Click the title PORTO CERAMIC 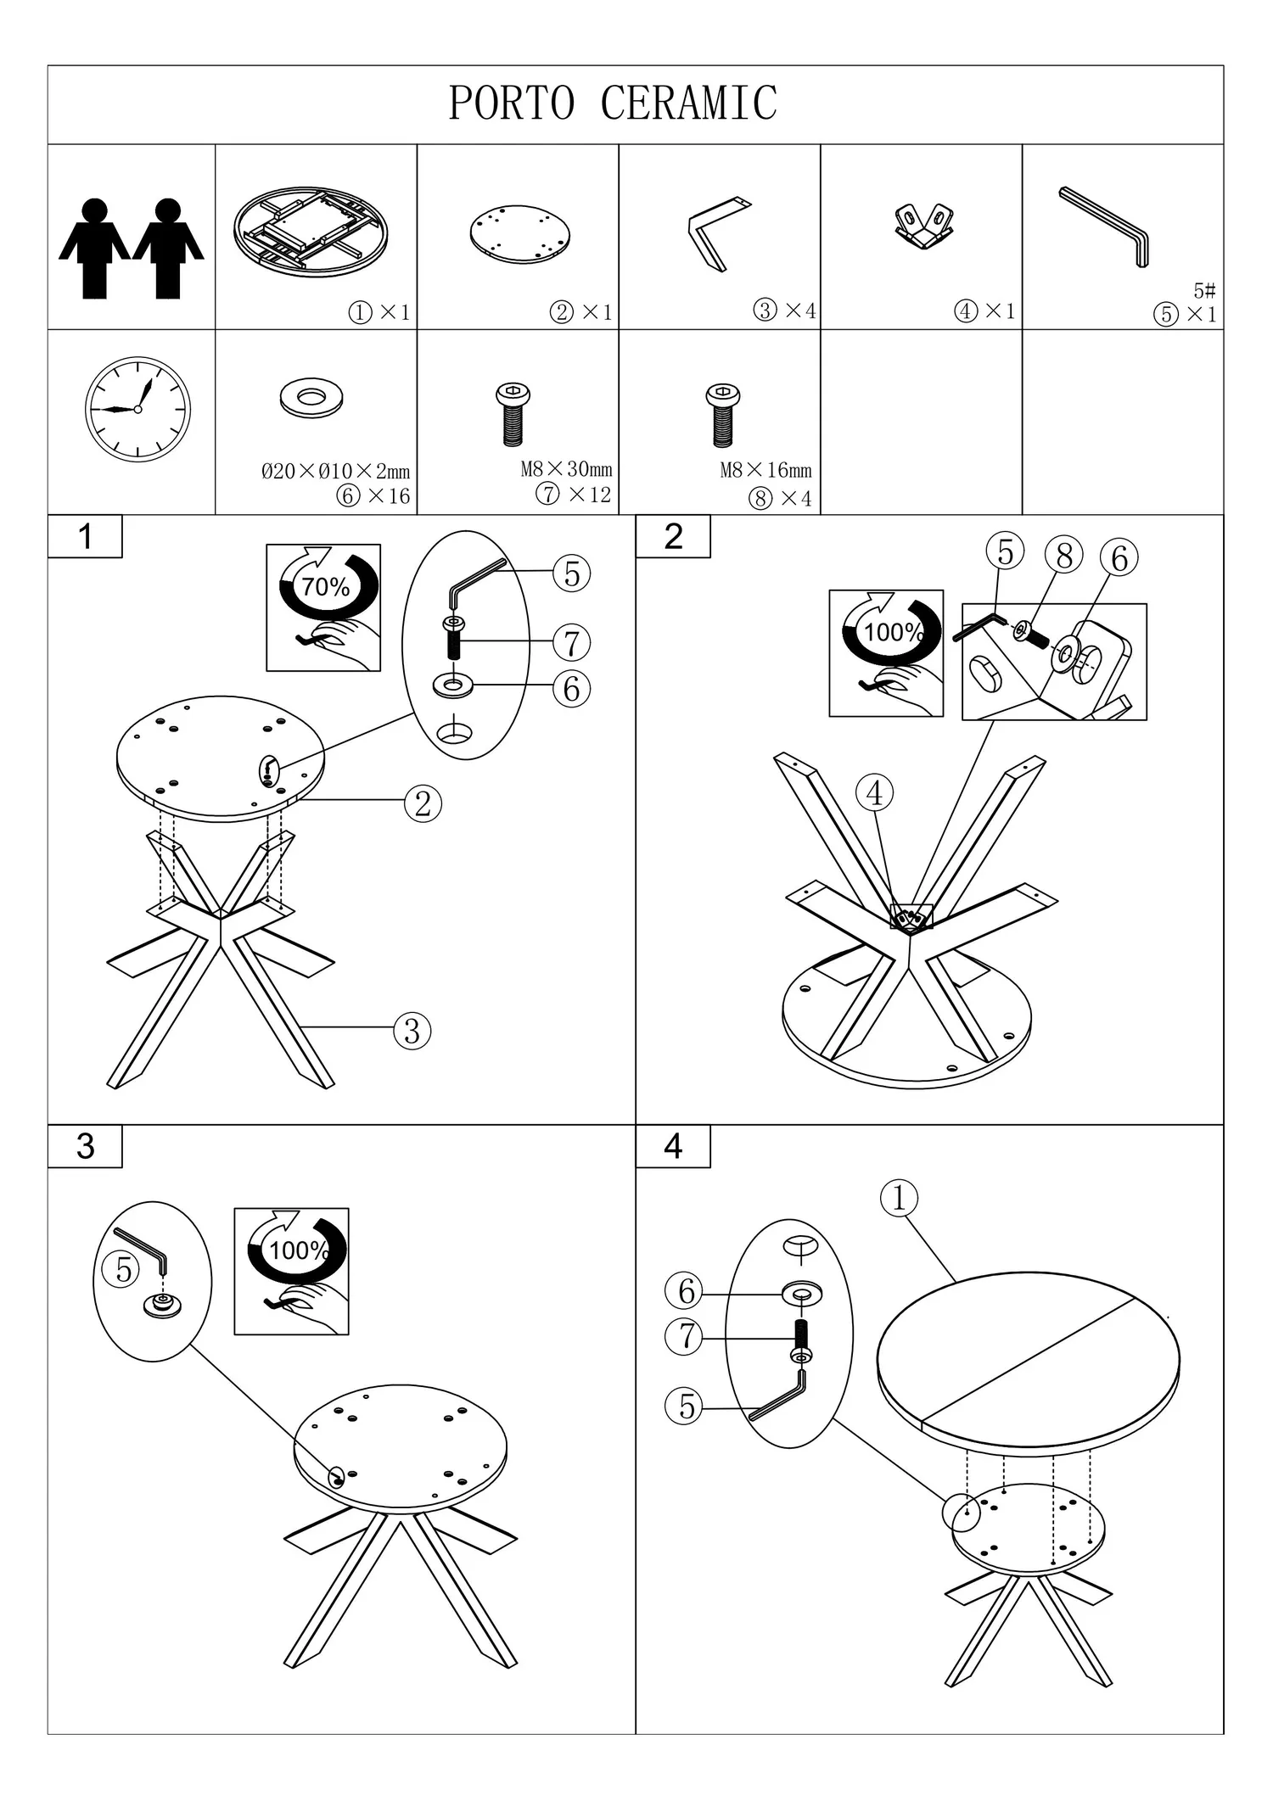pyautogui.click(x=613, y=103)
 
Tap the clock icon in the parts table pyautogui.click(x=137, y=409)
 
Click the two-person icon pyautogui.click(x=132, y=248)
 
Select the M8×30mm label pyautogui.click(x=566, y=469)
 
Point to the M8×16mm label pyautogui.click(x=765, y=470)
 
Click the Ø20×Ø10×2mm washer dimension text pyautogui.click(x=335, y=472)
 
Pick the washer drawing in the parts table pyautogui.click(x=311, y=398)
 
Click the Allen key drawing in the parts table pyautogui.click(x=1104, y=227)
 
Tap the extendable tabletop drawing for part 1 pyautogui.click(x=311, y=232)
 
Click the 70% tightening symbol pyautogui.click(x=323, y=607)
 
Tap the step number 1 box pyautogui.click(x=85, y=536)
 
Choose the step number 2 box pyautogui.click(x=673, y=536)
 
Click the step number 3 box pyautogui.click(x=85, y=1146)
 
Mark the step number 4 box pyautogui.click(x=673, y=1146)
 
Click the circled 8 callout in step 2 pyautogui.click(x=1064, y=556)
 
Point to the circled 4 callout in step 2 pyautogui.click(x=874, y=793)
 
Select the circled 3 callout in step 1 pyautogui.click(x=412, y=1031)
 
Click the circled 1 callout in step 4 pyautogui.click(x=900, y=1198)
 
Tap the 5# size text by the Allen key pyautogui.click(x=1204, y=291)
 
